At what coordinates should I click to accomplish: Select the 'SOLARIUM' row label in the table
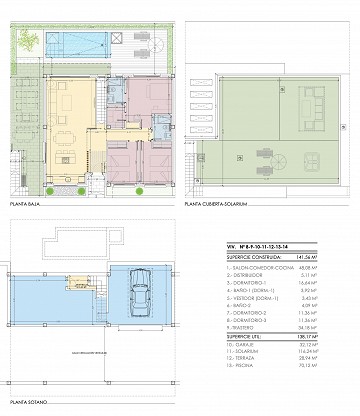246,354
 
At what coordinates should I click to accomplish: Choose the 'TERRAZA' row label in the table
245,361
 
